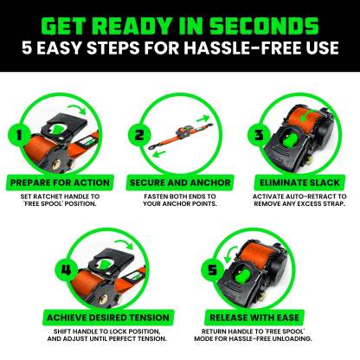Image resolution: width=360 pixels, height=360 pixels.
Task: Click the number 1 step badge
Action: (x=19, y=135)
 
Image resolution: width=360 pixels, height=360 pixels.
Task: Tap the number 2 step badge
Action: (x=139, y=135)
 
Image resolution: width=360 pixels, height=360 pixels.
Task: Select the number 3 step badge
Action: (x=259, y=135)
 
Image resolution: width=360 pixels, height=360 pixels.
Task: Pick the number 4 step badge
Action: (x=66, y=270)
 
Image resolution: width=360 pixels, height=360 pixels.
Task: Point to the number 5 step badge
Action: (x=212, y=270)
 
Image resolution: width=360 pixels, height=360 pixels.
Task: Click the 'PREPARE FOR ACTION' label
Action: (x=60, y=183)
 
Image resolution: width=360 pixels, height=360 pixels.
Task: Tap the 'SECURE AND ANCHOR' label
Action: (x=180, y=183)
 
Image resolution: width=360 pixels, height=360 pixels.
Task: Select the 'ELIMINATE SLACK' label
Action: (x=299, y=183)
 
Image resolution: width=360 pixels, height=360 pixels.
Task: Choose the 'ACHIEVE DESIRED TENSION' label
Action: (x=108, y=318)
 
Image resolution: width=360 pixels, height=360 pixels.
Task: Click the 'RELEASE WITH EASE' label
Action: (x=254, y=318)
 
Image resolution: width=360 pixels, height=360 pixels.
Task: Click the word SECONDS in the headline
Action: (x=264, y=26)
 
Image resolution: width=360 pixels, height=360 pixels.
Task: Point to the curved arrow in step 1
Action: (x=79, y=108)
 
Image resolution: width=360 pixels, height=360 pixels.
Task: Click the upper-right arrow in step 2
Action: (x=203, y=119)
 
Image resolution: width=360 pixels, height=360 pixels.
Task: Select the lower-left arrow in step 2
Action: (x=159, y=153)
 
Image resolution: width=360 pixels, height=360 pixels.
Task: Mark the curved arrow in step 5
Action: (x=229, y=254)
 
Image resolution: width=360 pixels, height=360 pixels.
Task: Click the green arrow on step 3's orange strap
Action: (x=305, y=115)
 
